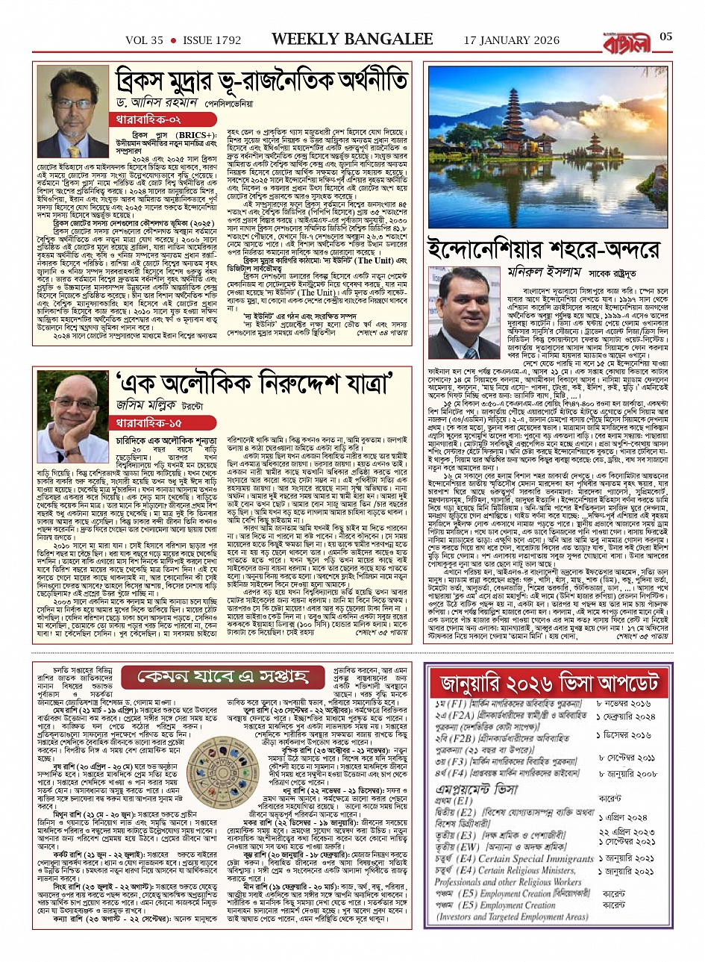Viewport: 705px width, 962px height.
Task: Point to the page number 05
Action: coord(666,37)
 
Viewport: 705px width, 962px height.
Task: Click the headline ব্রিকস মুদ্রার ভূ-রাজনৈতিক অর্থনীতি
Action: coord(261,80)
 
